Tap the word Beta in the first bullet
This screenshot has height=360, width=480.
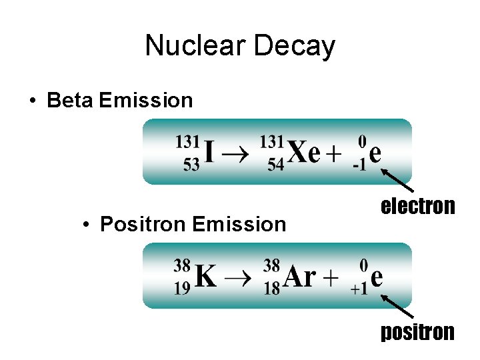point(71,101)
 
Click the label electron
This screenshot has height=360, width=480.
point(417,206)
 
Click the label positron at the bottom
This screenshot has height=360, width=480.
point(417,331)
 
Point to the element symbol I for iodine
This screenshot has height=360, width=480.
point(209,153)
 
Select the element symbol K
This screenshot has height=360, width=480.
point(206,277)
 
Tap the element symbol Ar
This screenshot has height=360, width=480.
point(300,277)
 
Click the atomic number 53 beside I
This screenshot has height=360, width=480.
point(191,164)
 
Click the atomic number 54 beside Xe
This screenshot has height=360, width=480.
point(275,164)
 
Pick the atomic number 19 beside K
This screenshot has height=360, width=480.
point(182,288)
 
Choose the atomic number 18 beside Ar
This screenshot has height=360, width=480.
point(271,288)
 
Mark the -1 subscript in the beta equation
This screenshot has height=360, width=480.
point(360,165)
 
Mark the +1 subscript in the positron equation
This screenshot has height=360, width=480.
point(358,289)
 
